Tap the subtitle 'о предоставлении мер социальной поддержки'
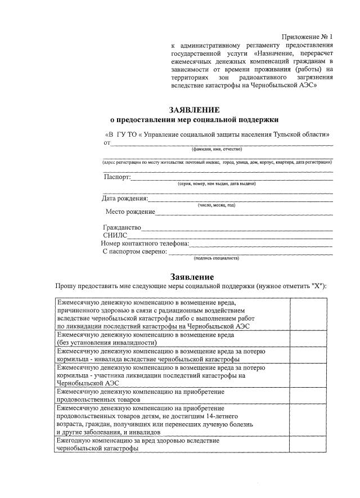tap(194, 119)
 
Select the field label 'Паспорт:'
tap(117, 177)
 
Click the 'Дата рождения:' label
tap(125, 199)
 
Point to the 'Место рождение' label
tap(130, 212)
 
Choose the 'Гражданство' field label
tap(122, 228)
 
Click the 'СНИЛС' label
tap(115, 236)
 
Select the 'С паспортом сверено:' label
tap(135, 252)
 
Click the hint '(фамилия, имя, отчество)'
tap(217, 149)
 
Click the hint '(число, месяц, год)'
tap(217, 205)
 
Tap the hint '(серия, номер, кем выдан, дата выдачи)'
tap(217, 184)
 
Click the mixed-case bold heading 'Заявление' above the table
tap(192, 277)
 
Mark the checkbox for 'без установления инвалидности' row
tap(308, 338)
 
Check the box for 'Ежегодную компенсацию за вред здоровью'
tap(308, 444)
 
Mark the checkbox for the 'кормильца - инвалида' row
tap(308, 355)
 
